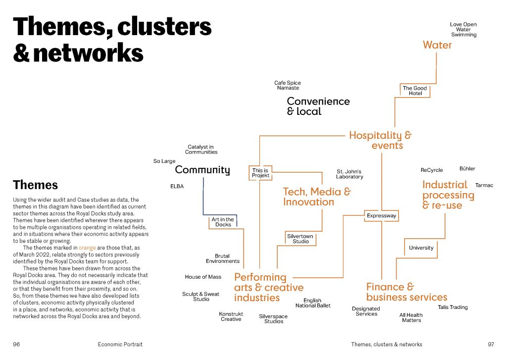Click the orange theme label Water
pyautogui.click(x=437, y=45)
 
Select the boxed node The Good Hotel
pyautogui.click(x=415, y=91)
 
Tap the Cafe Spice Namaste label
pyautogui.click(x=288, y=85)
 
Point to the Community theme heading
pyautogui.click(x=203, y=170)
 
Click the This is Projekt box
pyautogui.click(x=260, y=173)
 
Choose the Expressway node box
pyautogui.click(x=381, y=216)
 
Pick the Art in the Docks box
pyautogui.click(x=223, y=222)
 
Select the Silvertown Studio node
pyautogui.click(x=301, y=239)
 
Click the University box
pyautogui.click(x=421, y=248)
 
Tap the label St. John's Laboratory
pyautogui.click(x=350, y=174)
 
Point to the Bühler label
pyautogui.click(x=467, y=169)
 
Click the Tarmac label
pyautogui.click(x=484, y=185)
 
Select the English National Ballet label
pyautogui.click(x=312, y=303)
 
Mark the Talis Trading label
pyautogui.click(x=453, y=307)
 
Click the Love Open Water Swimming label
pyautogui.click(x=463, y=29)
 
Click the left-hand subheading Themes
pyautogui.click(x=35, y=185)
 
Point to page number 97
pyautogui.click(x=491, y=344)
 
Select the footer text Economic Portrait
pyautogui.click(x=120, y=344)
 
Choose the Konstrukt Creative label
pyautogui.click(x=231, y=316)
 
